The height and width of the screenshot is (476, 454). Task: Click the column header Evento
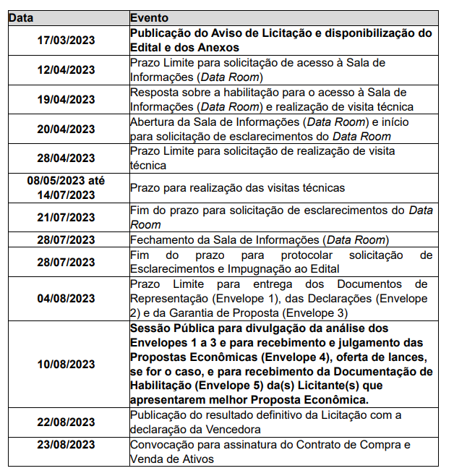pyautogui.click(x=150, y=17)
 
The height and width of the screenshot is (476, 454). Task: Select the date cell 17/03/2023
pyautogui.click(x=67, y=40)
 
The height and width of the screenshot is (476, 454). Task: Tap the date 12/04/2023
pyautogui.click(x=67, y=70)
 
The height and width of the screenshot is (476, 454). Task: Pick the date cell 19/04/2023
pyautogui.click(x=67, y=100)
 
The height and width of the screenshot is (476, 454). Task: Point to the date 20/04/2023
pyautogui.click(x=67, y=129)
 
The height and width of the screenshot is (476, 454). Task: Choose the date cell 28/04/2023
pyautogui.click(x=67, y=158)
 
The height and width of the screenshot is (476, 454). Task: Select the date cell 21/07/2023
pyautogui.click(x=67, y=217)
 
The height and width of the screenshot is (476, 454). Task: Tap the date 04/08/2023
pyautogui.click(x=67, y=298)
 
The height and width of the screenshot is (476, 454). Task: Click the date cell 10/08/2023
pyautogui.click(x=67, y=364)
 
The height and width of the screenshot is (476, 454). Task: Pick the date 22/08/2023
pyautogui.click(x=67, y=422)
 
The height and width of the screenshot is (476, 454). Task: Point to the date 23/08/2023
pyautogui.click(x=67, y=445)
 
